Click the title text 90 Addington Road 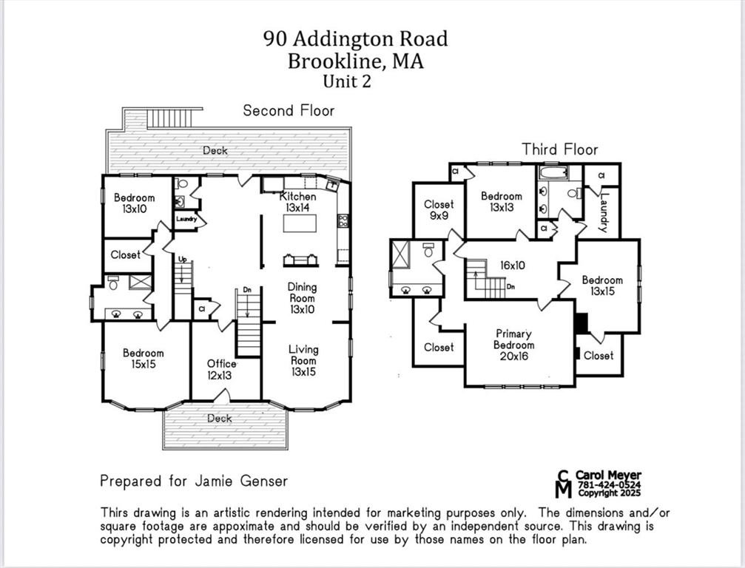coord(355,38)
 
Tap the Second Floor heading coord(289,111)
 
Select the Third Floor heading coord(559,149)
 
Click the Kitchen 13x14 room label coord(297,203)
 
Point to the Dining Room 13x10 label coord(302,298)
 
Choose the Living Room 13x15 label coord(303,360)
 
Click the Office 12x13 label coord(221,369)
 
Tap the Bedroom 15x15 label coord(144,359)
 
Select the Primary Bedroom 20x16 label coord(513,345)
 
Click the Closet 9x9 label coord(439,211)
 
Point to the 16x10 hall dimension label coord(512,265)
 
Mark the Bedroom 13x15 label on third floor coord(601,285)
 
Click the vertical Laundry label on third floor coord(604,212)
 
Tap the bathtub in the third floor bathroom coord(552,173)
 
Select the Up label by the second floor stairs coord(181,259)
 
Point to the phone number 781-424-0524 coord(609,484)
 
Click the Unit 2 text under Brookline coord(346,81)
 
